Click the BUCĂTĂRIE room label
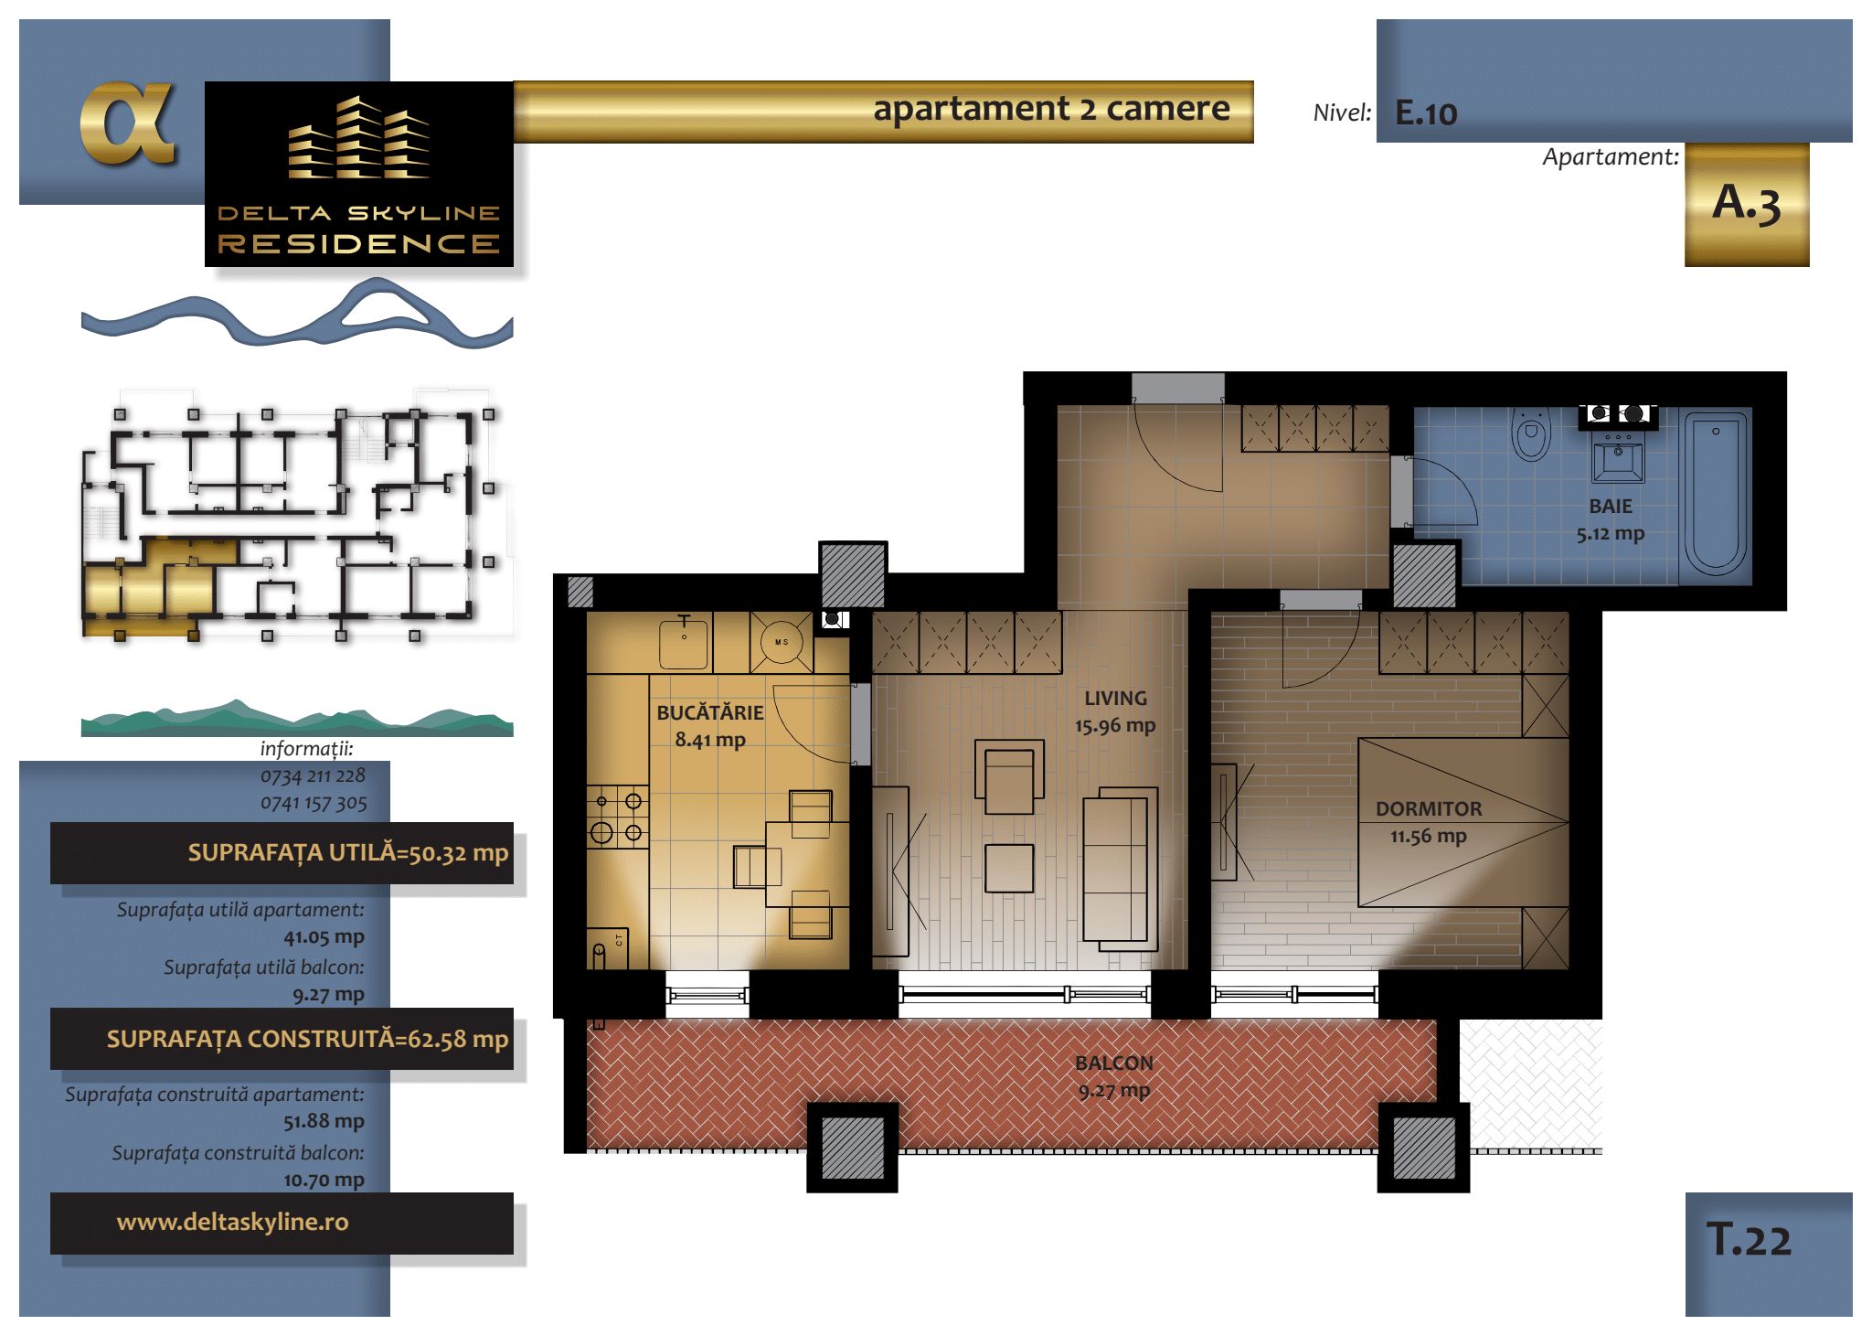coord(710,713)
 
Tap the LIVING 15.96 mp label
coord(1115,711)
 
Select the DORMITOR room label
coord(1429,809)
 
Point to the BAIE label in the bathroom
coord(1610,507)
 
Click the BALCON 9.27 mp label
coord(1114,1076)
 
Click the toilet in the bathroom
coord(1531,434)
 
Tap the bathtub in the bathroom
coord(1715,495)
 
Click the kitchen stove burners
coord(617,817)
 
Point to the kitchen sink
coord(684,644)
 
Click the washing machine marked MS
coord(782,642)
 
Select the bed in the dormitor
coord(1462,823)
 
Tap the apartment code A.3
coord(1746,203)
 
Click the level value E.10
coord(1426,113)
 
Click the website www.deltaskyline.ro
coord(233,1222)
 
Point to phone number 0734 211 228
coord(313,775)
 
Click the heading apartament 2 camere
coord(1051,109)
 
